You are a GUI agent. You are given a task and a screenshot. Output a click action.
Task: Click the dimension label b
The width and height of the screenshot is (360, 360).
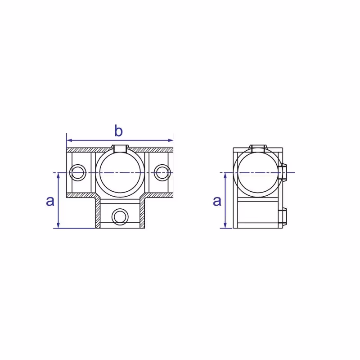(x=118, y=131)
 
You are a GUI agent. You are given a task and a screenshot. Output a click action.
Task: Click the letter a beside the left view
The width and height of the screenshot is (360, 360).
(x=50, y=201)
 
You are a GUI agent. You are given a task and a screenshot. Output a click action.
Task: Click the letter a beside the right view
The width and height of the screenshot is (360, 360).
(x=217, y=201)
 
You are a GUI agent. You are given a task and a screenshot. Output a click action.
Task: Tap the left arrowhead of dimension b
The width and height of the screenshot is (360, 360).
(x=69, y=140)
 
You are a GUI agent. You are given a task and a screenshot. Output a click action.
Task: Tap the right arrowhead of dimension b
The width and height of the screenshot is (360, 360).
(x=171, y=140)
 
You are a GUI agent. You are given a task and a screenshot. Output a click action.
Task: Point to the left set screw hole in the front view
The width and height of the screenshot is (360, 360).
(x=77, y=172)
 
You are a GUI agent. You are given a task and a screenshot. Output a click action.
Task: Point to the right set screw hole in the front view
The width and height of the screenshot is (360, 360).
(x=162, y=172)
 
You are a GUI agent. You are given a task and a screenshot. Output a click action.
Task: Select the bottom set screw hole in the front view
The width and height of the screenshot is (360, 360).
(x=120, y=217)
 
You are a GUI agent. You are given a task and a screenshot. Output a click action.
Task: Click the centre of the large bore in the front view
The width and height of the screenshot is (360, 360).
(x=120, y=172)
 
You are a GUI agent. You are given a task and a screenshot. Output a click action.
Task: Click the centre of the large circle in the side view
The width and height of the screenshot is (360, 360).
(x=258, y=172)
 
